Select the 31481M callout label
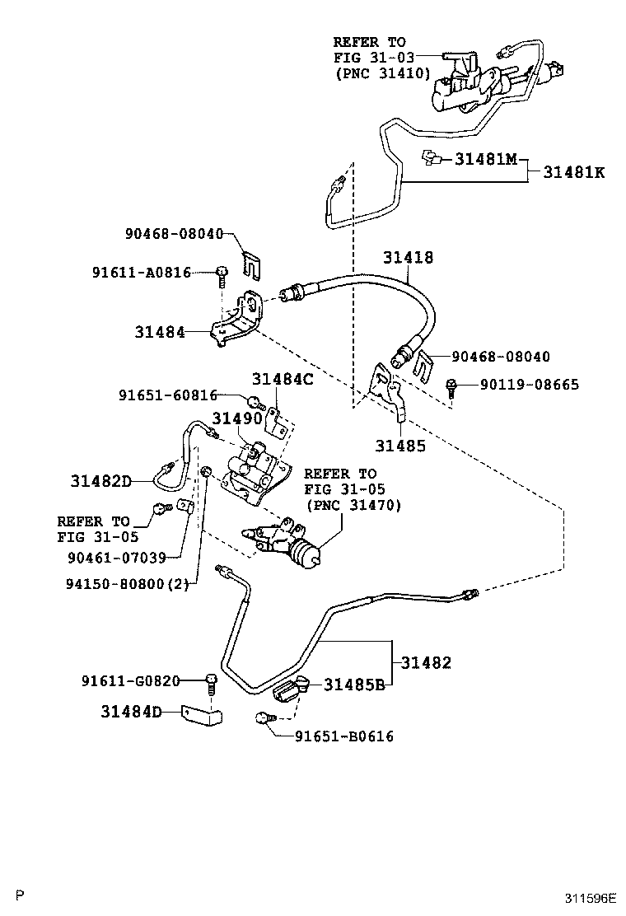(x=487, y=158)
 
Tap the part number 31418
(x=409, y=257)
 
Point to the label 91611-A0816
(x=142, y=272)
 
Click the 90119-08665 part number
(x=530, y=385)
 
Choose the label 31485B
(x=354, y=684)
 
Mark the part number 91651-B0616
(x=344, y=736)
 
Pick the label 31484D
(x=132, y=712)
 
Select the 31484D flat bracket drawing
(x=203, y=716)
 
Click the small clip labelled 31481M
(x=430, y=157)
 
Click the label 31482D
(x=101, y=481)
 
